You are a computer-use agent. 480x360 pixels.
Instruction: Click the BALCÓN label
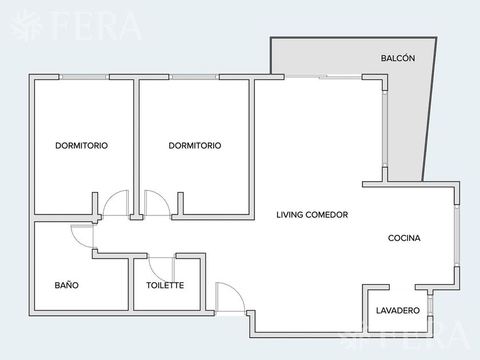(x=398, y=58)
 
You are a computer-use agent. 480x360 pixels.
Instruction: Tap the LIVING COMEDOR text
(x=312, y=215)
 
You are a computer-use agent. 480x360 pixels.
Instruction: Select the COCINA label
(x=404, y=238)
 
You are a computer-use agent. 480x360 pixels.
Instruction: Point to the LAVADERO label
(x=398, y=310)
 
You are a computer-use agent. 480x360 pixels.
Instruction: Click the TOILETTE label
(x=165, y=285)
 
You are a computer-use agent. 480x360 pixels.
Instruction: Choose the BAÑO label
(x=66, y=285)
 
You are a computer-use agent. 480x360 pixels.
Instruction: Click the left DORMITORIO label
(x=81, y=145)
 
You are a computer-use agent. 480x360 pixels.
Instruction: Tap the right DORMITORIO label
(x=195, y=145)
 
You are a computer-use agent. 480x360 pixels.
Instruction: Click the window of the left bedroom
(x=84, y=77)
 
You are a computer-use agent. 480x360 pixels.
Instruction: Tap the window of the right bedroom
(x=194, y=77)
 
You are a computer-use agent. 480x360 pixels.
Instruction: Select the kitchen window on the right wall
(x=457, y=235)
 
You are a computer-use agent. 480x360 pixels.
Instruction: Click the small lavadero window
(x=430, y=305)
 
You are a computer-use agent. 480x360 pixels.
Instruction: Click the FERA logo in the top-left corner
(x=76, y=26)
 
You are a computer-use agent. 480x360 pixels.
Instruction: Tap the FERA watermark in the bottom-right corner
(x=406, y=335)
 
